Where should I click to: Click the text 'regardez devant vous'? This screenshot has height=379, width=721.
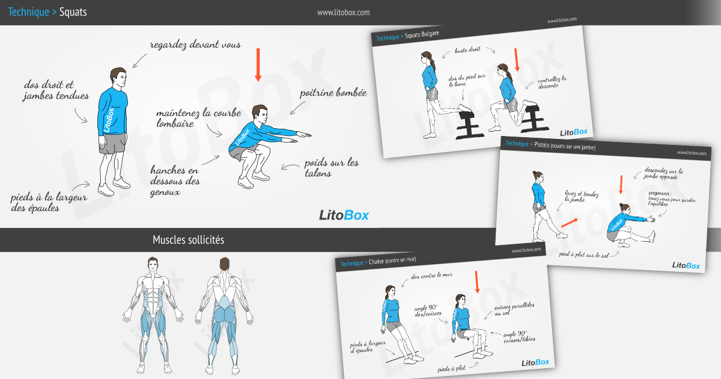(195, 45)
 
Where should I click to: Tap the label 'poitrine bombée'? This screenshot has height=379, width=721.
(333, 93)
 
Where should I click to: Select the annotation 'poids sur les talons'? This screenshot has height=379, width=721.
(331, 168)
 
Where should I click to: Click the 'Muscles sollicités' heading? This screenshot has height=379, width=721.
(188, 240)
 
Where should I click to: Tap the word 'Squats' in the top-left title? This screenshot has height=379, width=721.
(73, 12)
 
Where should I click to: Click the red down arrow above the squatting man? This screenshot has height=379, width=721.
(258, 64)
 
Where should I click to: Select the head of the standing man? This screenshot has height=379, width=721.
(118, 78)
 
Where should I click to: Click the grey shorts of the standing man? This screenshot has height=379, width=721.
(112, 143)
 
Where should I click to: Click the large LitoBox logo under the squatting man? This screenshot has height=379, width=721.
(344, 215)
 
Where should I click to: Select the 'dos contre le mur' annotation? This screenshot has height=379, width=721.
(431, 277)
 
